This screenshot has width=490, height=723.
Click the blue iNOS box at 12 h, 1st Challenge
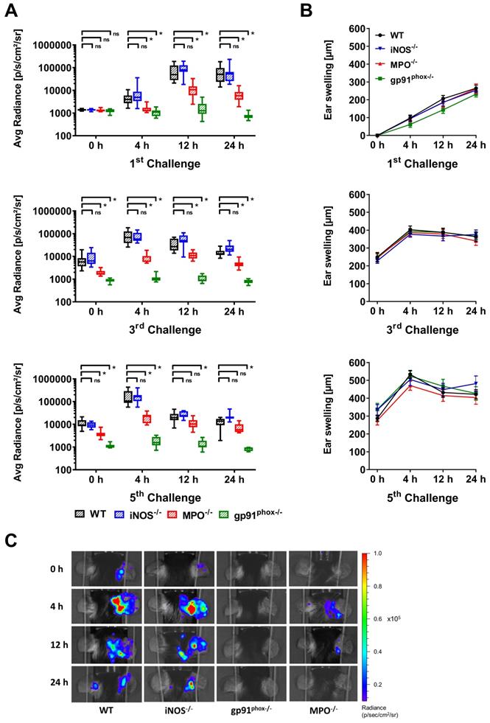[183, 68]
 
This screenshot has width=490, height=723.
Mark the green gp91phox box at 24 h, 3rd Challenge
[248, 282]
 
